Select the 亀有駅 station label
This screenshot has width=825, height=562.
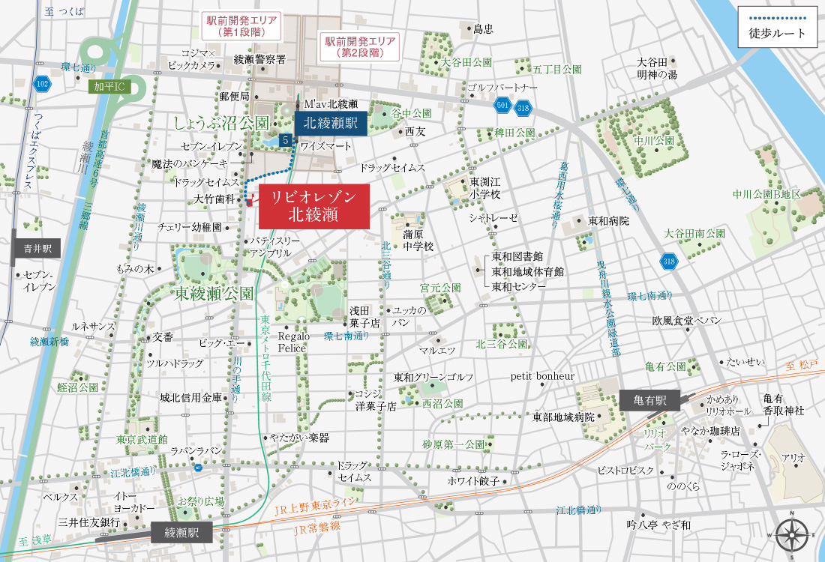tap(649, 399)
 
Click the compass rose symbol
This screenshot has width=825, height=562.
tap(791, 535)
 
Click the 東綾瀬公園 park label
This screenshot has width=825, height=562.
tap(214, 292)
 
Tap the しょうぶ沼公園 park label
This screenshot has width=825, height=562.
tap(221, 122)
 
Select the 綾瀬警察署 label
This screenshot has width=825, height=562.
tap(259, 58)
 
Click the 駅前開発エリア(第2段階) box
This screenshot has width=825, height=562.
tap(359, 46)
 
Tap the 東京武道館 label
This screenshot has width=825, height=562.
tap(142, 439)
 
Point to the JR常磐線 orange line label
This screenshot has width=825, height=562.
tap(315, 526)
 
